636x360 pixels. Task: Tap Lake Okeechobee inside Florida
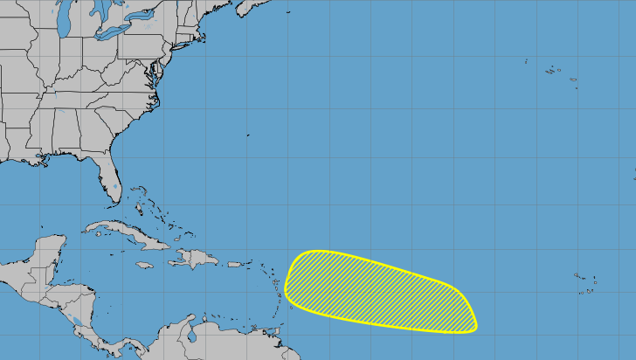tap(114, 186)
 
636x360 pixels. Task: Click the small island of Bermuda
tap(247, 135)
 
